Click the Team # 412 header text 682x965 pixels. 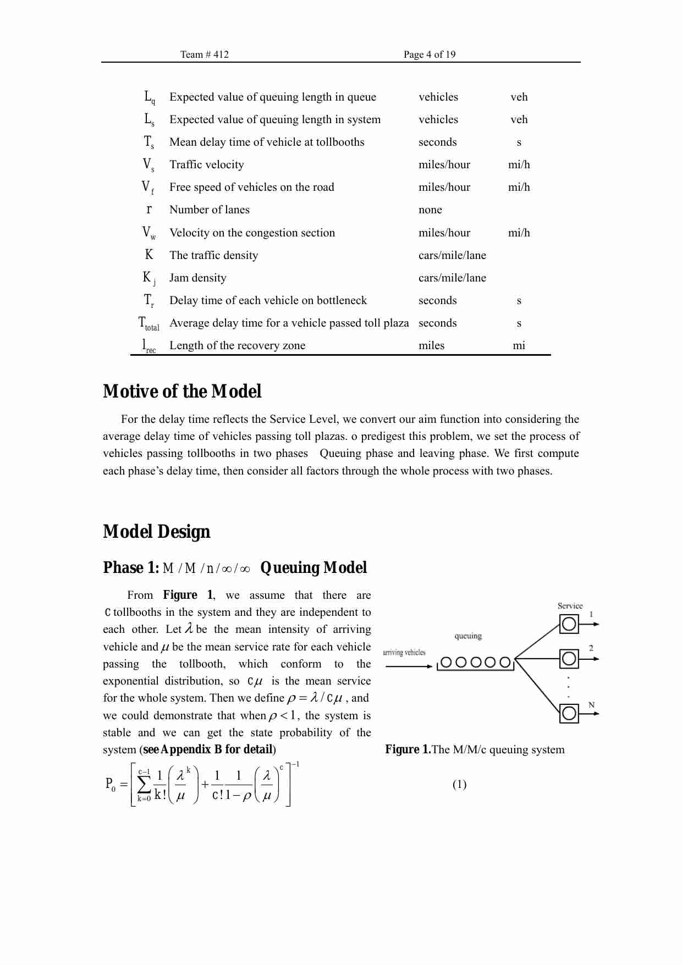pos(204,54)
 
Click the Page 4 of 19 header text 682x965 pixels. pos(429,54)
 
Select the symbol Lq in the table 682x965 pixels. pos(149,97)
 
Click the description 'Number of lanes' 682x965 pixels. pos(209,209)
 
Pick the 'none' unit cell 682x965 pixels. pos(430,209)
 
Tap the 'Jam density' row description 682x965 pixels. pos(197,278)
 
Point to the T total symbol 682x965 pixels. pos(148,323)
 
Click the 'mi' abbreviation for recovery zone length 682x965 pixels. pos(519,345)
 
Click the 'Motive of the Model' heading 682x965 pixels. pos(182,391)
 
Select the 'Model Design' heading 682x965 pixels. pos(156,532)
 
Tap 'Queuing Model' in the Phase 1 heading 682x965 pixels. pos(313,567)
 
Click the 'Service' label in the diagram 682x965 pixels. pos(570,606)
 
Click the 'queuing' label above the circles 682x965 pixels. pos(468,636)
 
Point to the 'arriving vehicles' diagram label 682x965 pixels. pos(404,653)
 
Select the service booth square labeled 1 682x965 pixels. pos(569,624)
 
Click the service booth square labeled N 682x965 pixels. pos(569,714)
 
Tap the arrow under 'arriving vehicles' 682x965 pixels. pos(409,666)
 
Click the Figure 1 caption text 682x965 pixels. pos(474,749)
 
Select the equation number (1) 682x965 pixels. pos(459,784)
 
